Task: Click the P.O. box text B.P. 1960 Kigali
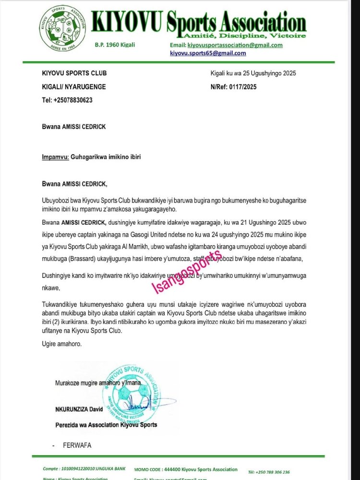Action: click(x=115, y=45)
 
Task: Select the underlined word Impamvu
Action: click(x=53, y=156)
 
